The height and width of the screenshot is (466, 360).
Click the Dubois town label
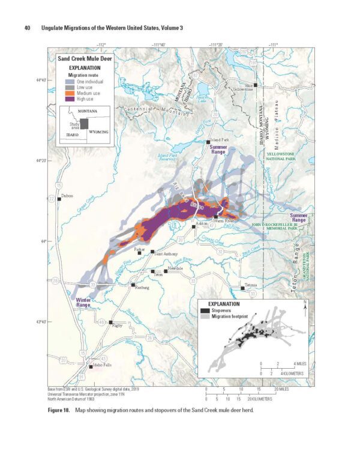(x=67, y=196)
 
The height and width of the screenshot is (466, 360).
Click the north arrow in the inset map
(x=305, y=305)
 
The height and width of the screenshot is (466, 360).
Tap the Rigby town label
(x=118, y=326)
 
